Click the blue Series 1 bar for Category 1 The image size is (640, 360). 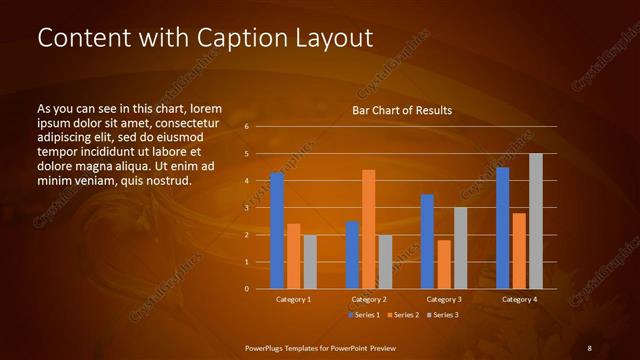(x=277, y=230)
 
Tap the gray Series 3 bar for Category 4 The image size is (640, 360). (x=535, y=221)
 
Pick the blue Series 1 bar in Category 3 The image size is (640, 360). (x=427, y=241)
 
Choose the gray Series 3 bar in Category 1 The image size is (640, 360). (x=310, y=261)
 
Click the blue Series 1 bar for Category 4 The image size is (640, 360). (x=502, y=228)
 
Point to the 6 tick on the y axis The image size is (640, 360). (x=246, y=127)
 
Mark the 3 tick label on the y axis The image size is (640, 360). (x=246, y=208)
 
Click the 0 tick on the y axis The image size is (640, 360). (x=246, y=289)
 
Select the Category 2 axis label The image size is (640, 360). (x=369, y=299)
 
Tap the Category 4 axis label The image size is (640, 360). (x=518, y=299)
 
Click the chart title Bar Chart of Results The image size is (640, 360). (x=402, y=110)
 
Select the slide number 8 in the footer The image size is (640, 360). (x=589, y=347)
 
